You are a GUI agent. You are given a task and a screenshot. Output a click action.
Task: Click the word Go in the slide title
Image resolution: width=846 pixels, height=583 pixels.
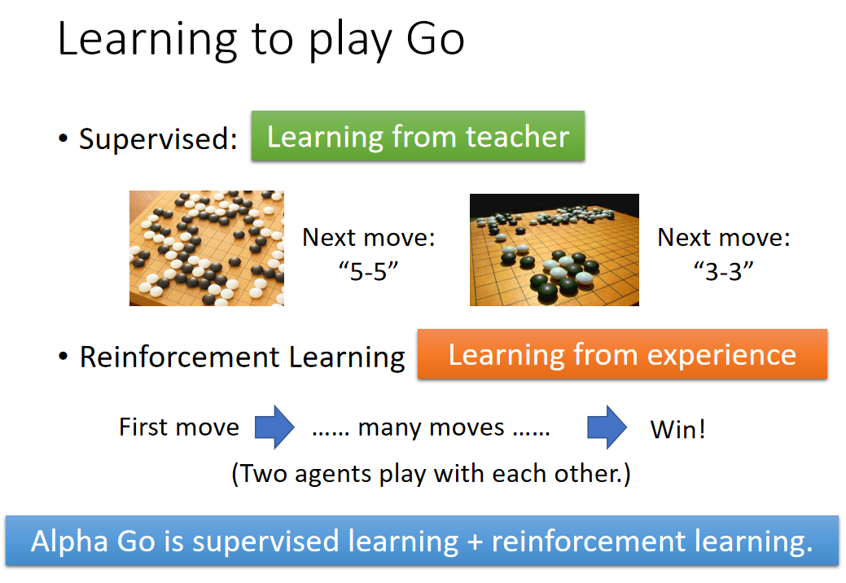tap(436, 39)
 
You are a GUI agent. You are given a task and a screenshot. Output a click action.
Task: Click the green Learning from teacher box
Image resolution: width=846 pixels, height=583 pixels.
tap(419, 136)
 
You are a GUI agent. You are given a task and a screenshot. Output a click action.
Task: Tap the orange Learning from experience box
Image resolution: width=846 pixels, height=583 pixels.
tap(622, 354)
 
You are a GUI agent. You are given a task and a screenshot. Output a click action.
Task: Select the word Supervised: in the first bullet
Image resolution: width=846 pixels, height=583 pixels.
tap(158, 138)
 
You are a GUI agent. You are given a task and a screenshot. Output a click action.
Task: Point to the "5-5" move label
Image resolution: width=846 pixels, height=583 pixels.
tap(369, 271)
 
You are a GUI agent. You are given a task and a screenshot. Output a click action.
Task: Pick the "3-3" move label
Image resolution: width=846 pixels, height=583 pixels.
tap(724, 271)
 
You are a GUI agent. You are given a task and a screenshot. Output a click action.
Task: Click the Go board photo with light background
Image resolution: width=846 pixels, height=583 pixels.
tap(207, 248)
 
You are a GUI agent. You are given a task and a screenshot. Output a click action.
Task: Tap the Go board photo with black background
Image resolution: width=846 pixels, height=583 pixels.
tap(555, 250)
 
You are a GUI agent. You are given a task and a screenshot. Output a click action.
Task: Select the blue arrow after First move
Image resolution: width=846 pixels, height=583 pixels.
tap(274, 427)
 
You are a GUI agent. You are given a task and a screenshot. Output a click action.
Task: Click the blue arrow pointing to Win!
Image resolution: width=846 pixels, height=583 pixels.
tap(607, 427)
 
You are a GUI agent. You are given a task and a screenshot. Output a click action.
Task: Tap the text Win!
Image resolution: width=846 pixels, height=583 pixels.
tap(677, 430)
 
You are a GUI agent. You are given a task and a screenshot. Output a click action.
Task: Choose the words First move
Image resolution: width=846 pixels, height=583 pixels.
tap(179, 427)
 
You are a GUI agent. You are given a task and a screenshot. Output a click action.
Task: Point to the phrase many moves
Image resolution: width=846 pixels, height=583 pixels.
tap(431, 428)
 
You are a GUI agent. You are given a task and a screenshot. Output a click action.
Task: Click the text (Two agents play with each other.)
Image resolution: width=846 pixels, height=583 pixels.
tap(431, 474)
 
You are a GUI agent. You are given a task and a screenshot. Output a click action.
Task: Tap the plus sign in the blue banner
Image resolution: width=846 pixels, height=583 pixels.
tap(475, 542)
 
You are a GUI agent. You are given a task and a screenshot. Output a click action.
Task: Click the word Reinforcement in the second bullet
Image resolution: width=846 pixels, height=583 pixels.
tap(180, 357)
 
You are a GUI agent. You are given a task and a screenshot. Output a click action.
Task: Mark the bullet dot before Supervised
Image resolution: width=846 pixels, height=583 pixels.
tap(64, 138)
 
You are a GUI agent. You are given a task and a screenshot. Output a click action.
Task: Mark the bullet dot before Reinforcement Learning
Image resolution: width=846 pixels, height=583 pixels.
tap(64, 357)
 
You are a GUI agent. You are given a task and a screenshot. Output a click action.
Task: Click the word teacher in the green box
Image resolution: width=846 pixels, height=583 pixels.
tap(517, 137)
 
